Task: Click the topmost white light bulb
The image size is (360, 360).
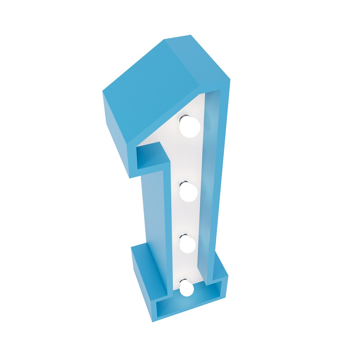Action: click(x=190, y=127)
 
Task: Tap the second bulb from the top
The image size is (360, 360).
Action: click(x=189, y=193)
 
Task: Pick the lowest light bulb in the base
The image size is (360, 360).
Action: click(x=187, y=289)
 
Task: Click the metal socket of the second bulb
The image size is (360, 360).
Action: click(x=184, y=184)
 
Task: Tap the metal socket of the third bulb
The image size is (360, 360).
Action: click(x=183, y=237)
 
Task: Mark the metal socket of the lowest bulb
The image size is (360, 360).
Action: click(x=183, y=281)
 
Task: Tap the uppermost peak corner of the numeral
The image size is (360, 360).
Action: click(x=191, y=35)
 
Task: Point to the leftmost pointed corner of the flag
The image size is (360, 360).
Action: click(x=103, y=91)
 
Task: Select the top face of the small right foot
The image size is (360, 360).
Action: click(x=220, y=267)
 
